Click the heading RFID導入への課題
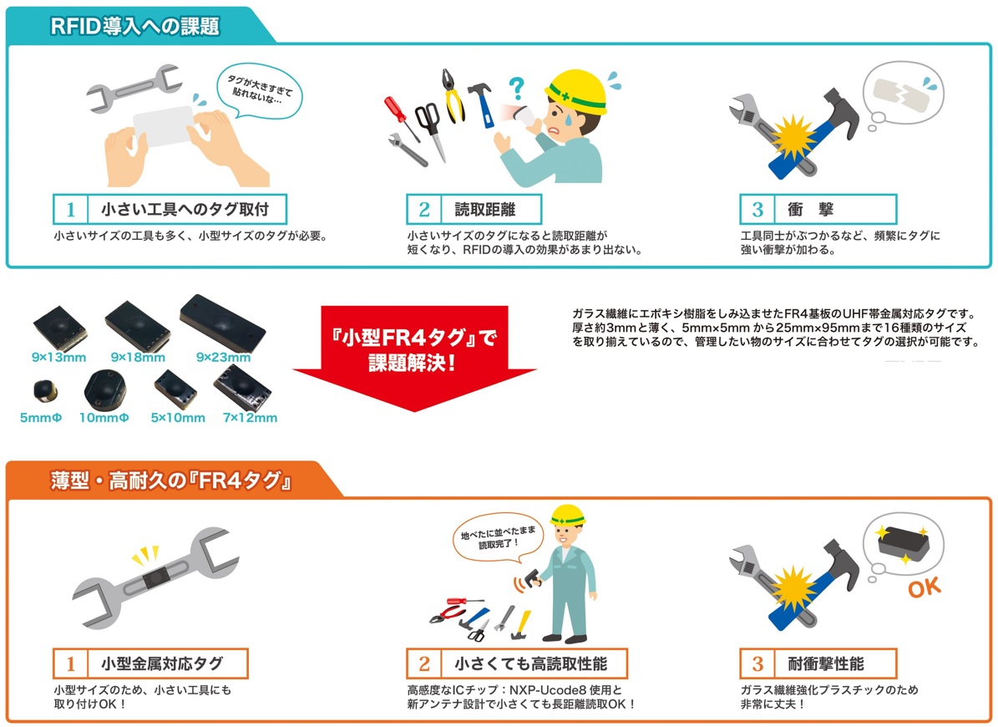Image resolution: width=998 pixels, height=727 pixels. [135, 26]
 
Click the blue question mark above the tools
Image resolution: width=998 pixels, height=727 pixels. [516, 88]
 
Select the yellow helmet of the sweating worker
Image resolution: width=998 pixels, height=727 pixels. [577, 89]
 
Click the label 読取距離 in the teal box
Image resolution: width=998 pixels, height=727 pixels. [485, 210]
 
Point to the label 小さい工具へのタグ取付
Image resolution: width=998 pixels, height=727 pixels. [185, 210]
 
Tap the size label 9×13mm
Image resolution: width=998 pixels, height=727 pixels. [58, 357]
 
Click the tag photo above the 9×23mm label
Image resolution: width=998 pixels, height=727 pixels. [222, 322]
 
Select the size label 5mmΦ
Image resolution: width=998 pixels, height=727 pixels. [41, 419]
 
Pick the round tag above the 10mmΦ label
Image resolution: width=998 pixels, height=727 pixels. [105, 389]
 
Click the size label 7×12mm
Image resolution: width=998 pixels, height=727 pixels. [251, 419]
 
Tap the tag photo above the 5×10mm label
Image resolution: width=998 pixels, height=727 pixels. [175, 389]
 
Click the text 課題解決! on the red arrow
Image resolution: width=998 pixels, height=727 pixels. [413, 363]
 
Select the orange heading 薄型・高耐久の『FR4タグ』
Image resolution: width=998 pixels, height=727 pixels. [170, 480]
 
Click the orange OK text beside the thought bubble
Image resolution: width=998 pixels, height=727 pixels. [925, 587]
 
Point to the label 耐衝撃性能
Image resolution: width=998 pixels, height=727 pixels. [826, 664]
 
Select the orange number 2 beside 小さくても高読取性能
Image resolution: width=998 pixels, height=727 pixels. [424, 664]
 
